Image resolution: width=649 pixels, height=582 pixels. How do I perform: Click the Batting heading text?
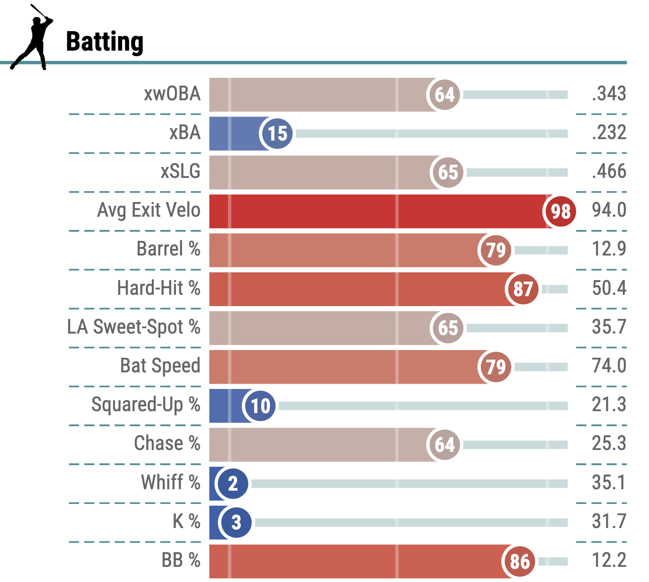click(105, 42)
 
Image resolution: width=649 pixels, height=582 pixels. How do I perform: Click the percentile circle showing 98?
click(561, 211)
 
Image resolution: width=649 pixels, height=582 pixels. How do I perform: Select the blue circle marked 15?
click(277, 133)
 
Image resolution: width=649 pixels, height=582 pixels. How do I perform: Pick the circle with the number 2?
click(232, 484)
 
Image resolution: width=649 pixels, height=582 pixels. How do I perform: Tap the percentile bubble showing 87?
click(523, 289)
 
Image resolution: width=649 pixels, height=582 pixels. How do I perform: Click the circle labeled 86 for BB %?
click(519, 561)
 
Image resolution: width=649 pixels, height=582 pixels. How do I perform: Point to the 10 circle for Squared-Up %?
click(260, 406)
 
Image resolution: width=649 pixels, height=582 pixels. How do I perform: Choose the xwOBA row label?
click(172, 94)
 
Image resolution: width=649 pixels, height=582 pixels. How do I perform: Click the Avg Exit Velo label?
click(149, 210)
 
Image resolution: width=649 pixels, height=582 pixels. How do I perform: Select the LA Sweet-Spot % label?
click(133, 327)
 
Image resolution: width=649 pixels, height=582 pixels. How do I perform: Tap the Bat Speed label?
click(160, 366)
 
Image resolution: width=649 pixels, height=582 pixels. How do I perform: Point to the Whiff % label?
click(170, 483)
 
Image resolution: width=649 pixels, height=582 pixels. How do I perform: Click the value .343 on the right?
click(609, 94)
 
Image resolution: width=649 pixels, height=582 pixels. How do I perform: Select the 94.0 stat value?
click(609, 210)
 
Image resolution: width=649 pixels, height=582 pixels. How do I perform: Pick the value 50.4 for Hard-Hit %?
click(609, 288)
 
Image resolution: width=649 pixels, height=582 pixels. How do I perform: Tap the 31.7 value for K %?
click(609, 521)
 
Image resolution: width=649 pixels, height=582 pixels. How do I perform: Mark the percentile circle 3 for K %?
click(236, 522)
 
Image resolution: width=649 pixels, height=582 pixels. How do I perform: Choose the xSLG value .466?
click(609, 171)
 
